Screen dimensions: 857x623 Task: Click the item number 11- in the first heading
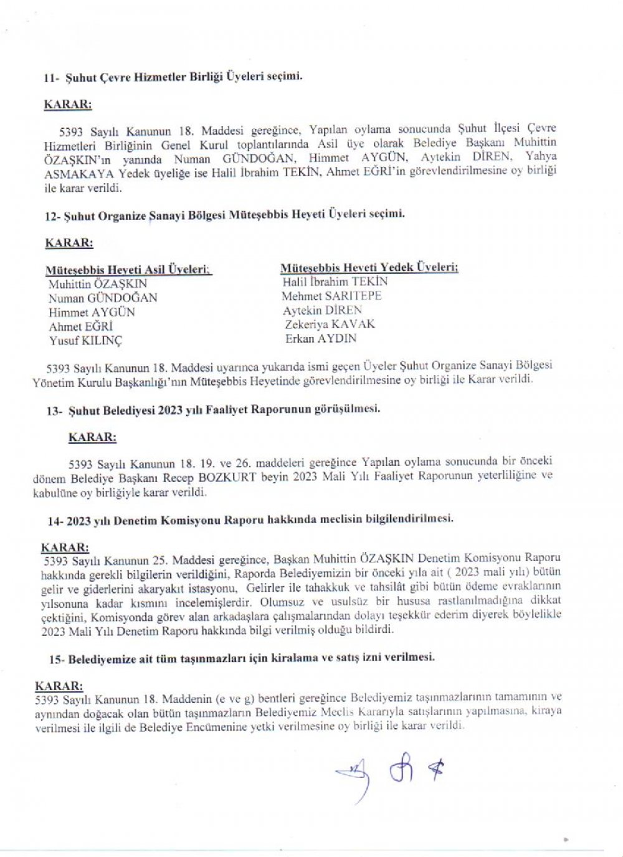[50, 78]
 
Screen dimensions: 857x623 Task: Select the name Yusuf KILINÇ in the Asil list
[85, 341]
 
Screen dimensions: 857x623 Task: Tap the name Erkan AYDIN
[321, 339]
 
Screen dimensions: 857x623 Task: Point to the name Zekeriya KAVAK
[330, 324]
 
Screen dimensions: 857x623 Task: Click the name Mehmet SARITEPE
[331, 296]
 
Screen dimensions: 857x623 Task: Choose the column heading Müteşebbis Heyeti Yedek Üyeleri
[369, 268]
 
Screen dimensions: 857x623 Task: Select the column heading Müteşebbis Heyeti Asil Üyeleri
[128, 270]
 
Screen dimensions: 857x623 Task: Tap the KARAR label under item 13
[92, 437]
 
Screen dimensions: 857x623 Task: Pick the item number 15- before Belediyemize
[57, 658]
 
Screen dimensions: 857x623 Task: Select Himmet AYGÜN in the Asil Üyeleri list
[92, 312]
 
